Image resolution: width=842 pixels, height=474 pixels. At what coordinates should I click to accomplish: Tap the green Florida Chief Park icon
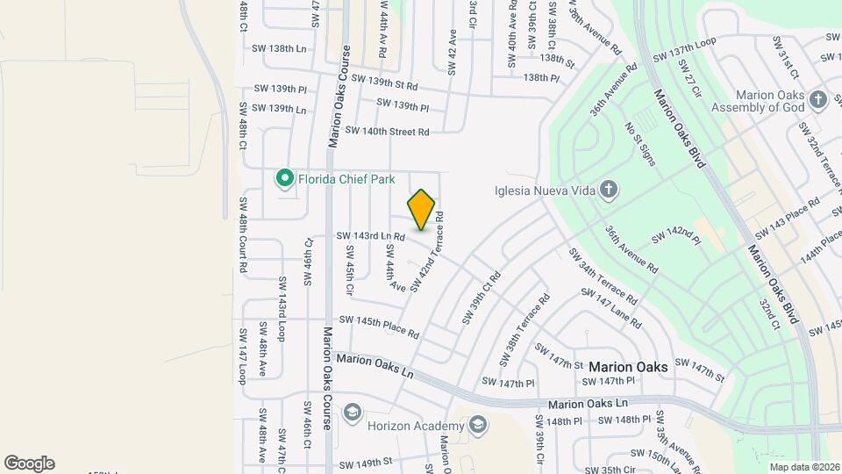point(284,179)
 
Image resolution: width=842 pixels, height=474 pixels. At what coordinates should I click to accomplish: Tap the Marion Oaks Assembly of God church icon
point(818,98)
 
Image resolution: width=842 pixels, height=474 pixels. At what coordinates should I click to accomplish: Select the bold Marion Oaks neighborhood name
point(628,366)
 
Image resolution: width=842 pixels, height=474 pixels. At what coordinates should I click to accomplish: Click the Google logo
point(29,463)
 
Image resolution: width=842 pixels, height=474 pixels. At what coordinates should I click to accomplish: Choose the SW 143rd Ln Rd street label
point(370,236)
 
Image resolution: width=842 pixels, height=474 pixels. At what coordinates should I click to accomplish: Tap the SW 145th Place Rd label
point(379,327)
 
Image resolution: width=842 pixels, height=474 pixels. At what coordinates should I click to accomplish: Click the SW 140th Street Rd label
point(387,131)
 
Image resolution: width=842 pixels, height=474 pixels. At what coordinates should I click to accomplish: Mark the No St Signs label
point(640,144)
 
